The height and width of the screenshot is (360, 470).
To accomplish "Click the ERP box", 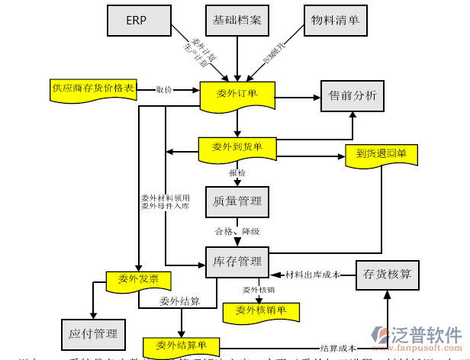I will tap(137, 21).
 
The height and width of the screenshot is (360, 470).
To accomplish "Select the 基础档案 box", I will tap(237, 21).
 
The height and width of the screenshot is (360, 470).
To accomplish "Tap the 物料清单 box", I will tap(335, 21).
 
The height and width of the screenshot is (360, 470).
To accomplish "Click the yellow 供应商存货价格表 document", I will tap(93, 89).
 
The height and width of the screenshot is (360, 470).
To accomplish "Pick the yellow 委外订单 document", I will tap(237, 95).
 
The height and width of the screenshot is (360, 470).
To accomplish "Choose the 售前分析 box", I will tap(352, 96).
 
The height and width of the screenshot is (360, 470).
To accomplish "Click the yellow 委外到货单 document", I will tap(237, 147).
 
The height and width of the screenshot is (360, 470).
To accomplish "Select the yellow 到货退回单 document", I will tap(381, 154).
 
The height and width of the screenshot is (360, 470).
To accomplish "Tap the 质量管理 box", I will tap(237, 202).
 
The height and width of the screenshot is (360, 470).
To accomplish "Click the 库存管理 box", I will tap(237, 262).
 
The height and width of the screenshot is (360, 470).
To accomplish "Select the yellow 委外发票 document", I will tap(138, 280).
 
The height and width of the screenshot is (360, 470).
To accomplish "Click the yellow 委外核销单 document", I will tap(260, 310).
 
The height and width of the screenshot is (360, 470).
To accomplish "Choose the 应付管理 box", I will tap(92, 333).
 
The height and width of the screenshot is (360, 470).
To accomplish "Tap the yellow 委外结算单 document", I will tap(181, 345).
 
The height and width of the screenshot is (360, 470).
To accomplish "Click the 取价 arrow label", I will tap(164, 90).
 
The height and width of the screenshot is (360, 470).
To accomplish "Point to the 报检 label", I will tap(237, 174).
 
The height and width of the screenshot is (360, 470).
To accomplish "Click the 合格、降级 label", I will tap(237, 231).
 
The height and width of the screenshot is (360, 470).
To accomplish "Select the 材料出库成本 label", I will tap(312, 274).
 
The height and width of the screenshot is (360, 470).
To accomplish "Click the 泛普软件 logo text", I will tap(427, 336).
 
